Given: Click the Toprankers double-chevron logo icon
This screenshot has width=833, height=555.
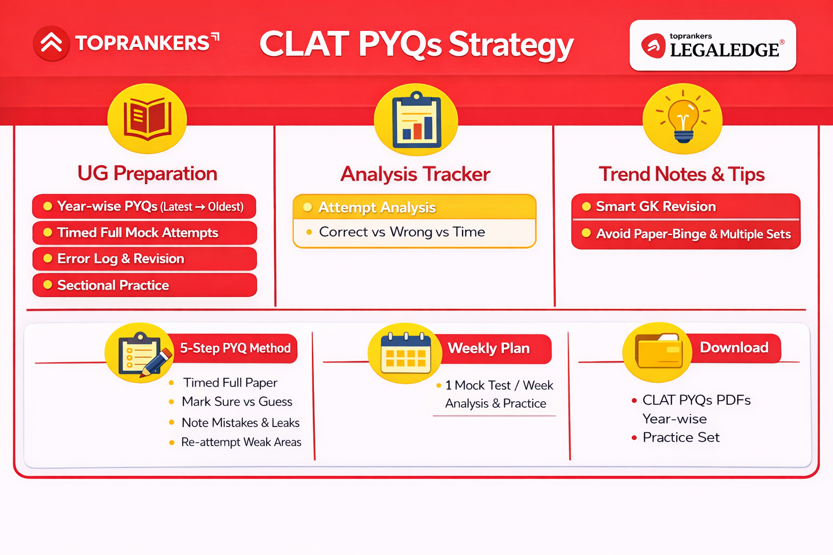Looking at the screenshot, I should click(x=51, y=43).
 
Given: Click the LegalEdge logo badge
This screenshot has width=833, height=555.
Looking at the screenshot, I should click(x=712, y=46).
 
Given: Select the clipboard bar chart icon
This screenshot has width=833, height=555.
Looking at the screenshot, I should click(x=416, y=120).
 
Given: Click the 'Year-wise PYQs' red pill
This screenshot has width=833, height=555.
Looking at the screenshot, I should click(x=144, y=206).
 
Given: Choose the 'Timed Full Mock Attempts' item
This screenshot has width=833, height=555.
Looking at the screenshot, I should click(x=144, y=233).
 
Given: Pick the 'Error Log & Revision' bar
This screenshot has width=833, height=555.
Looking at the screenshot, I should click(x=144, y=259).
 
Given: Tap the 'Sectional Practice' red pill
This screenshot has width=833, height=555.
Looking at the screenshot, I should click(x=144, y=285).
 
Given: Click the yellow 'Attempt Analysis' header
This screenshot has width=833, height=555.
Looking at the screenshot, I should click(x=414, y=207).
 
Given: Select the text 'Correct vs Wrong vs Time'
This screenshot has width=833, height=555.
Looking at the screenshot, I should click(x=402, y=232).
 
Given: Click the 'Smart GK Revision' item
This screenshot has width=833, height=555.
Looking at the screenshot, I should click(x=685, y=206).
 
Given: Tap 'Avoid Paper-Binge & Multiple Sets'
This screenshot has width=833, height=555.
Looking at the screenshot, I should click(x=693, y=234).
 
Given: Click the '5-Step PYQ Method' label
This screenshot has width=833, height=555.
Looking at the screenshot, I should click(x=235, y=348).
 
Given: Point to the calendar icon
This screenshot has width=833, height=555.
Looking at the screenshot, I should click(x=405, y=354).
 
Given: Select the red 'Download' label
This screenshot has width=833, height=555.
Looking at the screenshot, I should click(x=734, y=347).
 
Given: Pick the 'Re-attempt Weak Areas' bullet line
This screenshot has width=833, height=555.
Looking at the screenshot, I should click(x=241, y=442).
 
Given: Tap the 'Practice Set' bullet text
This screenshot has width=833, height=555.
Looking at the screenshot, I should click(x=681, y=437).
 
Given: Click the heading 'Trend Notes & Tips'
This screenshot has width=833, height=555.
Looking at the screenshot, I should click(x=681, y=174).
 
